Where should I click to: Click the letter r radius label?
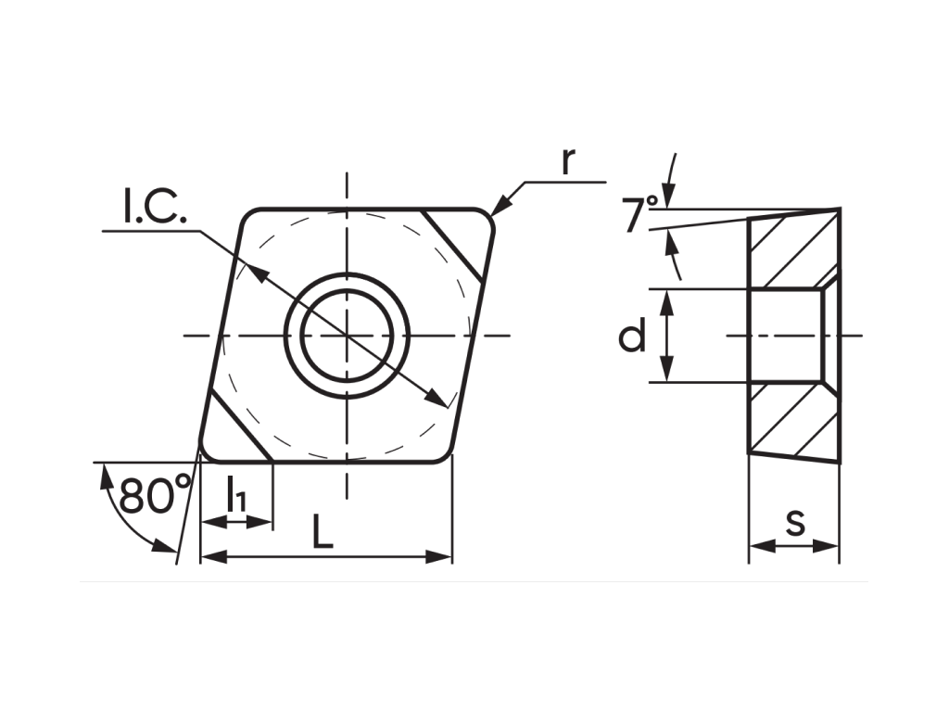coord(567,161)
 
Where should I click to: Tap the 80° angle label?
coord(155,494)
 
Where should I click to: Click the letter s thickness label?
coord(796,523)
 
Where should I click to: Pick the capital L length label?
coord(323,531)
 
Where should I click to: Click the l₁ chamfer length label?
coord(236,494)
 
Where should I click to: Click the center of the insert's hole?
coord(347,335)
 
